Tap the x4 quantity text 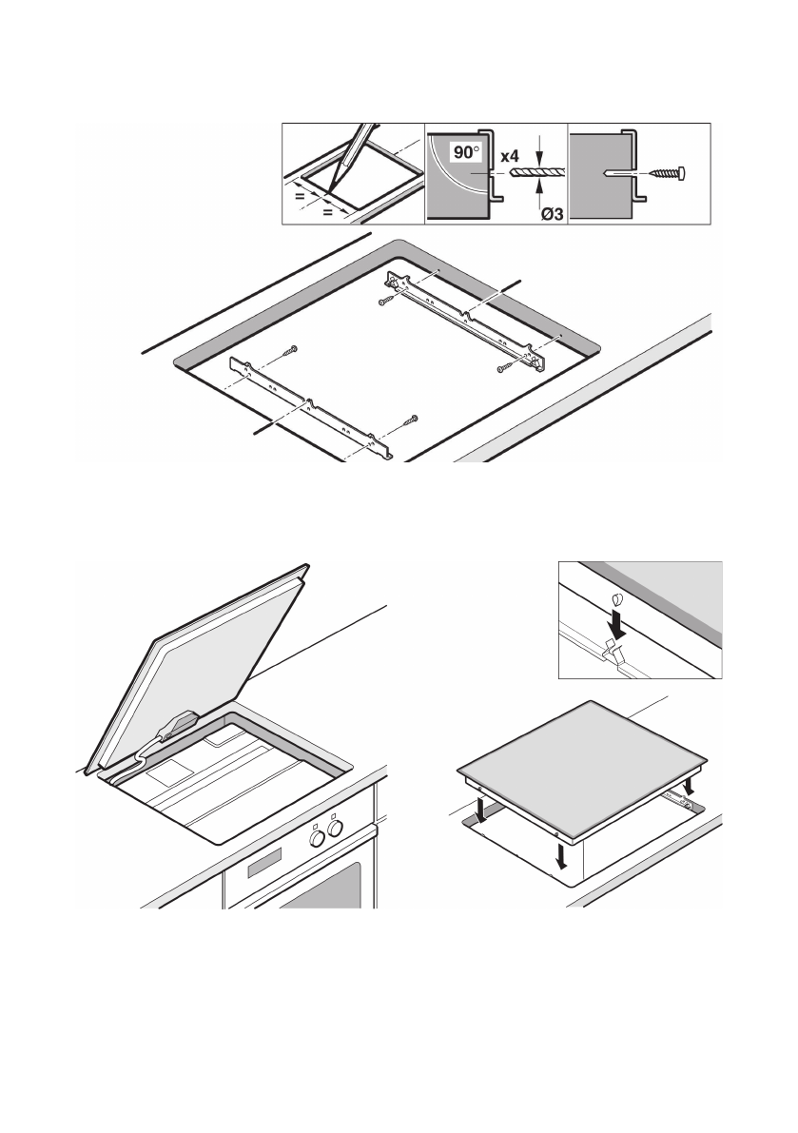coord(512,153)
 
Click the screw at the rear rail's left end coord(382,301)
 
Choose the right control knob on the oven coord(335,833)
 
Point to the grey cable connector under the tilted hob coord(177,726)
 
